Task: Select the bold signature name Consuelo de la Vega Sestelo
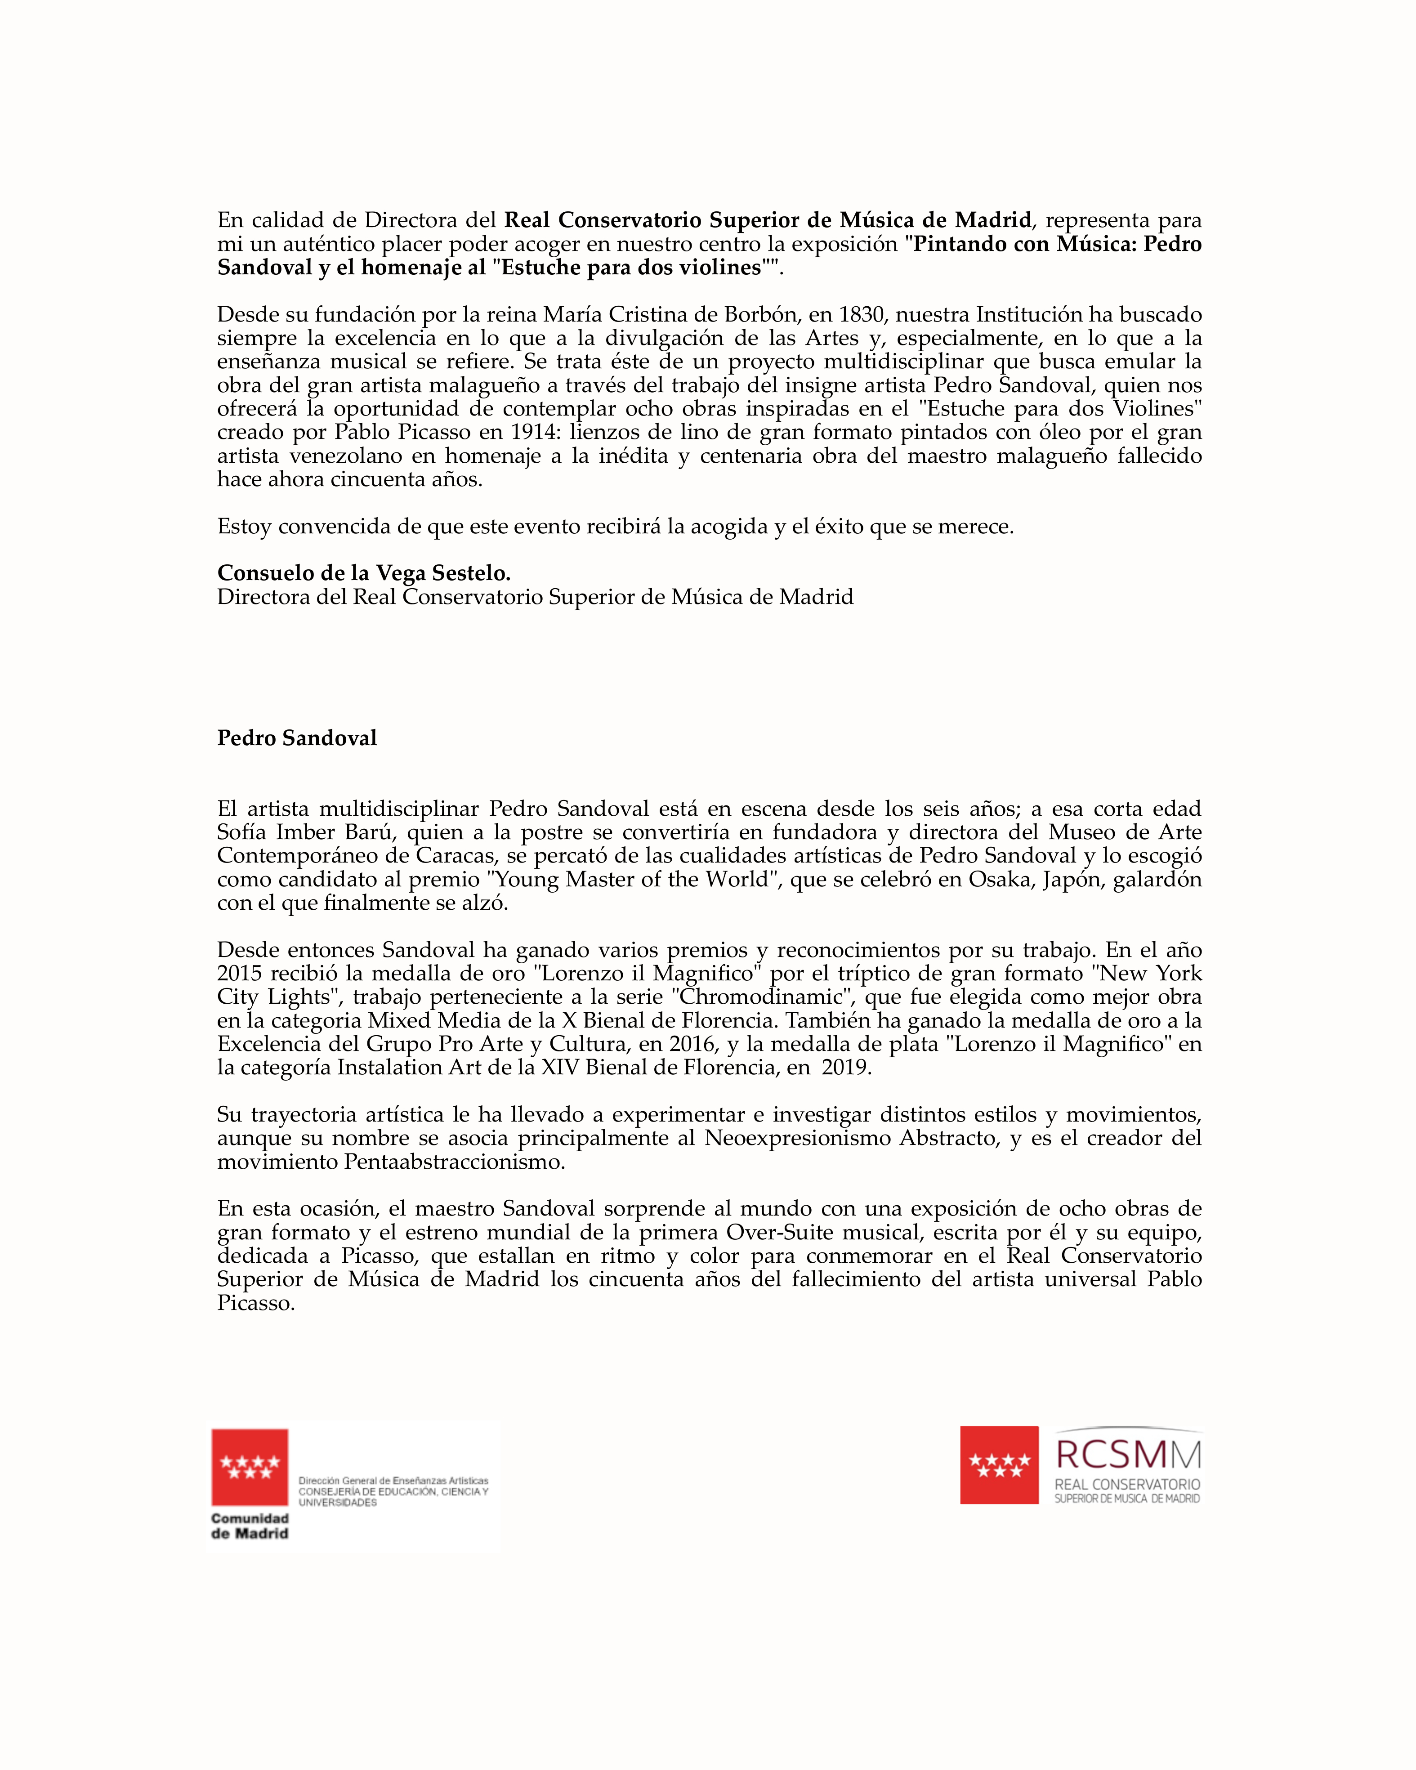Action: (364, 573)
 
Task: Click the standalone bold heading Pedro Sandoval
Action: (296, 738)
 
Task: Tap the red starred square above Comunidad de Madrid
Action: (250, 1467)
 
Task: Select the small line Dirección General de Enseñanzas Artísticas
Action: (393, 1480)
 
